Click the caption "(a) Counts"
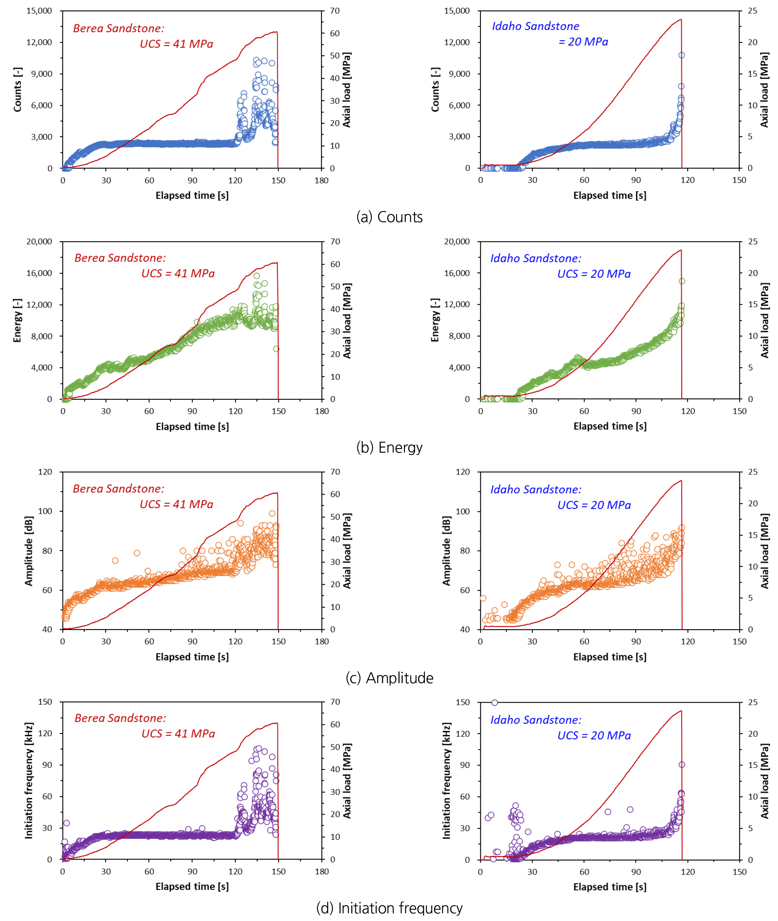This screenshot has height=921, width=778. (389, 217)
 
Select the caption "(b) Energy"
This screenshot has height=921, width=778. (389, 447)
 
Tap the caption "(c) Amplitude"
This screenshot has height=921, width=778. (389, 678)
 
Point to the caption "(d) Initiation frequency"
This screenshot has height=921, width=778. (389, 908)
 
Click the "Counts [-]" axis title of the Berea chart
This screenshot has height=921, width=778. (17, 90)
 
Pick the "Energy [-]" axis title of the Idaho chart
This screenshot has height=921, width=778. (435, 320)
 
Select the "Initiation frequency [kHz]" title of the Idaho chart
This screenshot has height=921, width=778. (446, 780)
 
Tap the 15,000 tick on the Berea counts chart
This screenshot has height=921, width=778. (39, 11)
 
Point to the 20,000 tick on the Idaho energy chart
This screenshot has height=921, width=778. (457, 242)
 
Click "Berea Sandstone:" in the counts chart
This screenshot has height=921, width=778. (119, 28)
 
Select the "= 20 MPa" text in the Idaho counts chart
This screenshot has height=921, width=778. (583, 42)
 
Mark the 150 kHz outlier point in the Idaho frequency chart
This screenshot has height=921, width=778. (495, 702)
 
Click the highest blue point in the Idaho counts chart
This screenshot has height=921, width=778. (681, 55)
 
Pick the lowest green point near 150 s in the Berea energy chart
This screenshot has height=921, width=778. (276, 349)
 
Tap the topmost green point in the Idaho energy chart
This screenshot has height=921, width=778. (682, 281)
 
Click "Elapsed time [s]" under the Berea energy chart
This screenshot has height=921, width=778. (192, 426)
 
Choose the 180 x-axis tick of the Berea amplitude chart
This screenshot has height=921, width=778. (322, 641)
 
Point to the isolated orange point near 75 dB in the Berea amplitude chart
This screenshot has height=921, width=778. (115, 560)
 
